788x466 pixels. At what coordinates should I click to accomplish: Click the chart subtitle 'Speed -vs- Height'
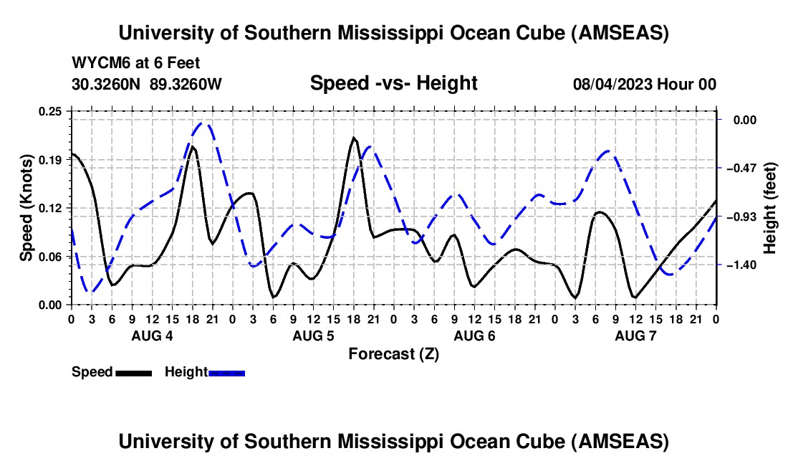[x=393, y=83]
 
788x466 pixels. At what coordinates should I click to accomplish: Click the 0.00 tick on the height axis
[x=742, y=120]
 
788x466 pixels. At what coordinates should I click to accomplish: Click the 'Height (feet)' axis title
[x=771, y=208]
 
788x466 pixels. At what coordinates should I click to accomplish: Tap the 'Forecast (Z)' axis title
[x=393, y=353]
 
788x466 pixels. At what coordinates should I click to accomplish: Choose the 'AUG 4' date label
[x=151, y=336]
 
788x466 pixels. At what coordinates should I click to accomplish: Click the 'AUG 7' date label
[x=635, y=336]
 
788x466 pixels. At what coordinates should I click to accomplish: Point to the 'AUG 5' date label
[x=313, y=336]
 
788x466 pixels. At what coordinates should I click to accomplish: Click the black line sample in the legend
[x=133, y=373]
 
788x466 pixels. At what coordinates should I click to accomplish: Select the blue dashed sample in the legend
[x=226, y=373]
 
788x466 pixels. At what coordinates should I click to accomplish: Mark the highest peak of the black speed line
[x=354, y=138]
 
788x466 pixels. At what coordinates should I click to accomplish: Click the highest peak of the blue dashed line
[x=203, y=123]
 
